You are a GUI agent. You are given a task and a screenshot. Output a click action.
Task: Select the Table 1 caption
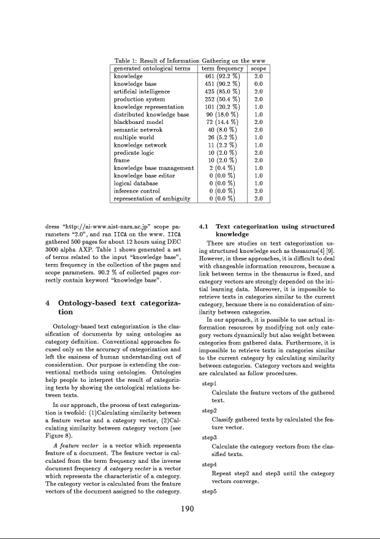tap(190, 61)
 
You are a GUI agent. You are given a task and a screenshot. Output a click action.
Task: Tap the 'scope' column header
tap(258, 69)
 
